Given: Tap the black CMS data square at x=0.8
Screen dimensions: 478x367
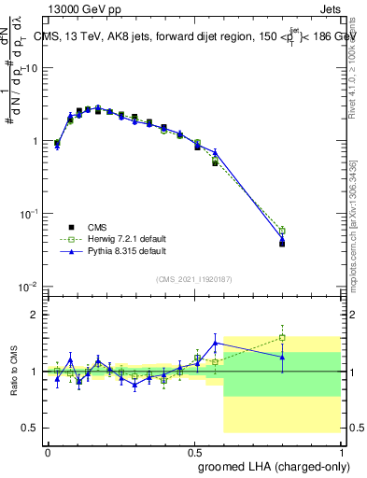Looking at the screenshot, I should [282, 244].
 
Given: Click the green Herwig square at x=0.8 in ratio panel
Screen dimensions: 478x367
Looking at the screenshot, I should [282, 337].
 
